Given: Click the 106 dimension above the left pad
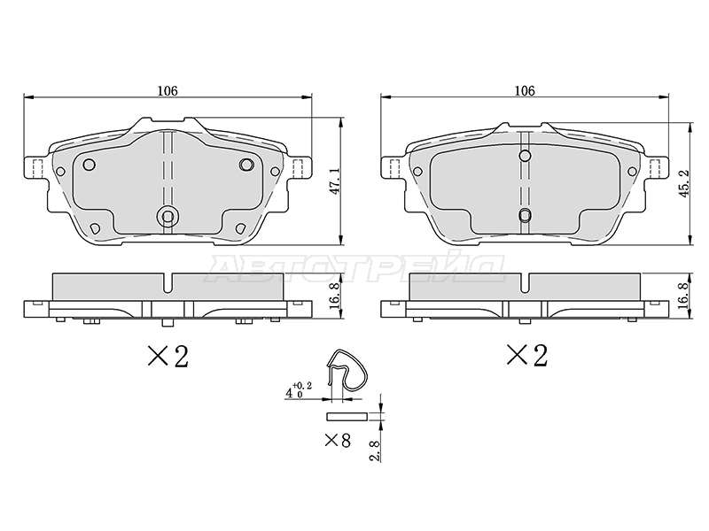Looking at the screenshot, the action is pyautogui.click(x=168, y=91).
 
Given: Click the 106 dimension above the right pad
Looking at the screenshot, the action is pyautogui.click(x=525, y=91).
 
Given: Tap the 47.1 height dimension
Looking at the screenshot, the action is pyautogui.click(x=336, y=182).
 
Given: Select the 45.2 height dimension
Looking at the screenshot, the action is pyautogui.click(x=683, y=183).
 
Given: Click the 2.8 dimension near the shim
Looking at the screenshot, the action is pyautogui.click(x=374, y=450).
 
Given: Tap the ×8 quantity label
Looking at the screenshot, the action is pyautogui.click(x=338, y=440).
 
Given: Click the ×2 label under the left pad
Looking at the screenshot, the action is pyautogui.click(x=168, y=356).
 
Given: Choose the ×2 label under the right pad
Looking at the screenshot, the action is pyautogui.click(x=526, y=355).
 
